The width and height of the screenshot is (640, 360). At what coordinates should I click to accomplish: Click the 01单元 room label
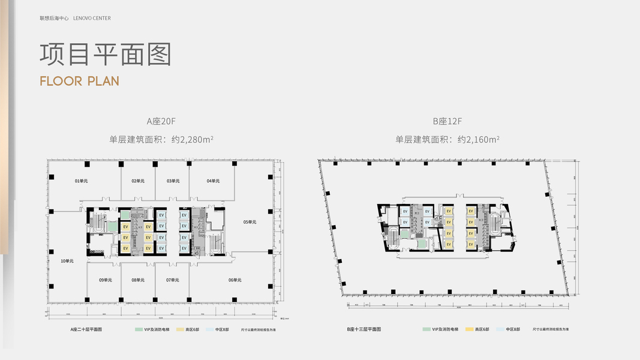81,181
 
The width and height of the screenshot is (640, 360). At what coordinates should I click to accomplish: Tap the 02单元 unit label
138,181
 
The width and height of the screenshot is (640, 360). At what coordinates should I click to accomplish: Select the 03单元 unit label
173,181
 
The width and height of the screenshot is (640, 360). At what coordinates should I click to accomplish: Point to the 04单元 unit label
213,181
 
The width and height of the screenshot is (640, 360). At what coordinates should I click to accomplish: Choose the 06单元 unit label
235,280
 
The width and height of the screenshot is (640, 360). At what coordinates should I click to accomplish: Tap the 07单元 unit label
173,280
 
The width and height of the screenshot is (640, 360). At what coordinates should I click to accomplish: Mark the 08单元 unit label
138,280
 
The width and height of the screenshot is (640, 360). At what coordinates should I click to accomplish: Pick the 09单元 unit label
106,280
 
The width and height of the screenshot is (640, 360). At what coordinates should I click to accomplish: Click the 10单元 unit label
67,261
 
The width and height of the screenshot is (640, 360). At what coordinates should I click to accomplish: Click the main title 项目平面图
106,54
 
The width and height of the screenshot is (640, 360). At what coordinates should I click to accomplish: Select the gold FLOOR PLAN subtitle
79,81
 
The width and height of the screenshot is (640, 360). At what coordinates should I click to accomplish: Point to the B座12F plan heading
447,121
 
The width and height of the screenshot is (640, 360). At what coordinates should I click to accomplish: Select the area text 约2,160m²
479,140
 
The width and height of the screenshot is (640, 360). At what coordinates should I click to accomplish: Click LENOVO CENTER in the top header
92,19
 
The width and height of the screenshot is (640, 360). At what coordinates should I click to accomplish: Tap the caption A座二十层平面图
86,329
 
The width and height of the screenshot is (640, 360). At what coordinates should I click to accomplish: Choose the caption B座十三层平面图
363,329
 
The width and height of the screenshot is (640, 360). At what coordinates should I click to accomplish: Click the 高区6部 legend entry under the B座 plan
481,329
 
